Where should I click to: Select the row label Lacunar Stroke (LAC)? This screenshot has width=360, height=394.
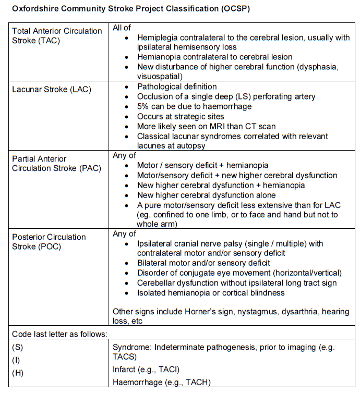coord(52,89)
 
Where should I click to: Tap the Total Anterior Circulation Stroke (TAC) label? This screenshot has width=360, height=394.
coord(57,35)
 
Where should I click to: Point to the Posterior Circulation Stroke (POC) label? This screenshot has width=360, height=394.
coord(49,241)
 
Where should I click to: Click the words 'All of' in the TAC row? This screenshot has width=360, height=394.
coord(123,28)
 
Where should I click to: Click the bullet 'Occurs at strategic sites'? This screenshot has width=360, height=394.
coord(181,116)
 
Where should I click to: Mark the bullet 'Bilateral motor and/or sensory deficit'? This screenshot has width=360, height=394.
coord(203,263)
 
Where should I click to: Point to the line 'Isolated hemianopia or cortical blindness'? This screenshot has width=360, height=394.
coord(211,293)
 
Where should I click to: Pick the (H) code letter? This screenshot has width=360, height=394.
coord(18,372)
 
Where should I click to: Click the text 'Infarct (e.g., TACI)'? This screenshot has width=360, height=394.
coord(146,370)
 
